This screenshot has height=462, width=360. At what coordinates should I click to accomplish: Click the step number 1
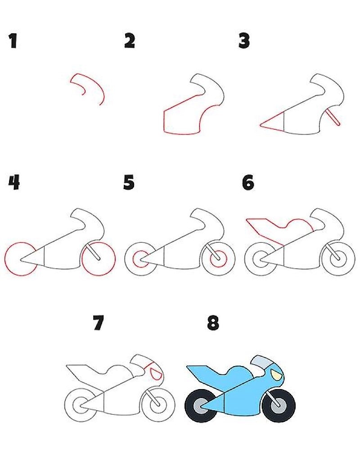tap(13, 41)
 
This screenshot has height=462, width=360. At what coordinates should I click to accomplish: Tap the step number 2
tap(130, 41)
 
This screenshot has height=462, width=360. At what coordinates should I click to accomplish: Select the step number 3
tap(244, 41)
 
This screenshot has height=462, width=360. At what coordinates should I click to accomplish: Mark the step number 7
tap(99, 323)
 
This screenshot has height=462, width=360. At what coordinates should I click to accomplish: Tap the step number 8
tap(213, 323)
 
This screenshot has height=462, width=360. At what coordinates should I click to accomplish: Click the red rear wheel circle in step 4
tap(21, 258)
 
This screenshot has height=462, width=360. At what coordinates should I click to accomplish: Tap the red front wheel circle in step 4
tap(99, 258)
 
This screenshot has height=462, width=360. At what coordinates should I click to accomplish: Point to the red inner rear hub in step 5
tap(141, 259)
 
